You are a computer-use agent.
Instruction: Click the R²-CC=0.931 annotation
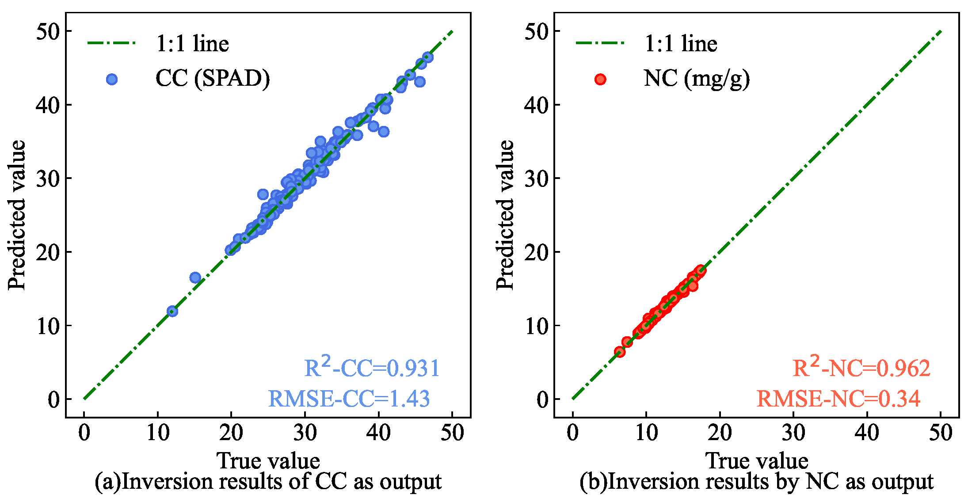click(372, 368)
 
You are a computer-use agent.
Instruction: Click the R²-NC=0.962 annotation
click(861, 368)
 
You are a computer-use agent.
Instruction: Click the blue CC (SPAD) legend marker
click(112, 79)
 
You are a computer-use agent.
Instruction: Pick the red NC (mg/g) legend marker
click(600, 79)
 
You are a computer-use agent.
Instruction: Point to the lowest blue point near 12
click(172, 311)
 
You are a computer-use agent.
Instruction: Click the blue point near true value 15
click(195, 278)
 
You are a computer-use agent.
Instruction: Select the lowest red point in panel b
click(620, 352)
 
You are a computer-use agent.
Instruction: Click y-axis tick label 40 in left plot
click(48, 105)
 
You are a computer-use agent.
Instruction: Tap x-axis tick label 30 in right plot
click(793, 432)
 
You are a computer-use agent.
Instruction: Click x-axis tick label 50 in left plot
click(452, 432)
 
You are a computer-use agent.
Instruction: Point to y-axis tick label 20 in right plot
click(536, 252)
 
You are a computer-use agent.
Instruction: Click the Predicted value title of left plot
click(17, 215)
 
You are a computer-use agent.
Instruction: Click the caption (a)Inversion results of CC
click(268, 482)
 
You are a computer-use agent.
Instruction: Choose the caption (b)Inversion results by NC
click(756, 482)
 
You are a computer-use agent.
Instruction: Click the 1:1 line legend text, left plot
click(192, 44)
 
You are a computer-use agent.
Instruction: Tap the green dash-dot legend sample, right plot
click(600, 43)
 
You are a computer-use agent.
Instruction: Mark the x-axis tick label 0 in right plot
click(572, 432)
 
